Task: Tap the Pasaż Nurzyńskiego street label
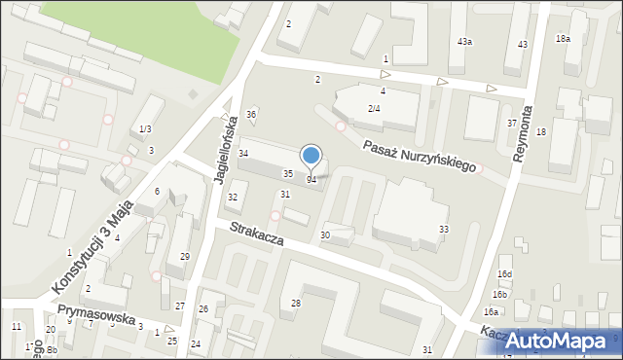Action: [420, 155]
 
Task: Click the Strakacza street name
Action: [257, 234]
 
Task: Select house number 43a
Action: [465, 42]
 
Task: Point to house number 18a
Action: [563, 39]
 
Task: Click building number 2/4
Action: [374, 108]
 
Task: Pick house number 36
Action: [251, 115]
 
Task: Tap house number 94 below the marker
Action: [311, 180]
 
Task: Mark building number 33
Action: [444, 229]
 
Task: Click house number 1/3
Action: [145, 129]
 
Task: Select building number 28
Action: [296, 304]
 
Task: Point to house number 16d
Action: [503, 275]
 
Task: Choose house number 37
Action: [512, 124]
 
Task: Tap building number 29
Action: [184, 256]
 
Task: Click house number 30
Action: [325, 235]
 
